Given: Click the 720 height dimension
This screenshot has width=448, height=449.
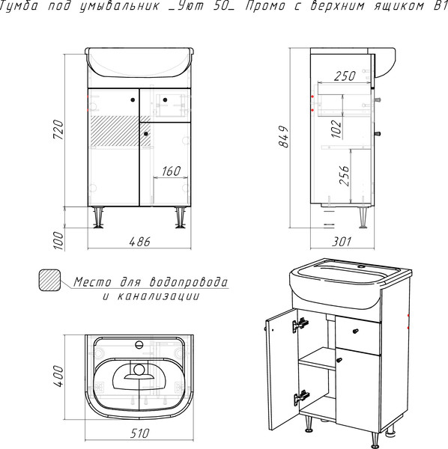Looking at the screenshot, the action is pos(58,129).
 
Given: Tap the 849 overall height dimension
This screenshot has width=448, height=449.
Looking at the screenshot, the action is pos(284,136).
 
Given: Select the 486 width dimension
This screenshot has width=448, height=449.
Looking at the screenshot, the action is pos(139,242).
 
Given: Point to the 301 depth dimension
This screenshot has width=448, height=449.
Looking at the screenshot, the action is pos(342,242).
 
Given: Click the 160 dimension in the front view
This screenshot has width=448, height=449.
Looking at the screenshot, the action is pos(172,171).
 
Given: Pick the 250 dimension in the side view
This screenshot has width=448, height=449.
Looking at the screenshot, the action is pos(345,76).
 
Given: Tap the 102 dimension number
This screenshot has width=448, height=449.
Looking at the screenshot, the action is pos(337,128).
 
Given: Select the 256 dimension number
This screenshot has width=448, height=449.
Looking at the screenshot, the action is pos(344,175).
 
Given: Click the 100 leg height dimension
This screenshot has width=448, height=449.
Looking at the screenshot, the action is pos(58,240).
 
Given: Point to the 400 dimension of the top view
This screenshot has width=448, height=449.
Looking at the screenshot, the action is pos(58,376).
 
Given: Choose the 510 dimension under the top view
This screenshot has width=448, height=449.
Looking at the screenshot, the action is pos(140,433).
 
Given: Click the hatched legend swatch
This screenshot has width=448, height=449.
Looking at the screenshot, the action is pos(49,280).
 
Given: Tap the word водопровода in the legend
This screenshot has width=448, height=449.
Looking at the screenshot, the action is pos(189,282).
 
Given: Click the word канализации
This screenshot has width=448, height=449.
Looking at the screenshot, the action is pos(158,296).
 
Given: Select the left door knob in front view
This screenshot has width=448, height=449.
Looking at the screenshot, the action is pos(133,100).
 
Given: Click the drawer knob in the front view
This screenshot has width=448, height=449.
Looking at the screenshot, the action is pos(165,100).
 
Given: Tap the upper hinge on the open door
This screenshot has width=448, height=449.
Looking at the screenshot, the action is pos(300,325).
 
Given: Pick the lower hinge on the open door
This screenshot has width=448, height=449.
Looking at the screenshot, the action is pos(301,397).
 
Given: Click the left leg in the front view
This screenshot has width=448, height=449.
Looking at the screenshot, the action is pos(98,218).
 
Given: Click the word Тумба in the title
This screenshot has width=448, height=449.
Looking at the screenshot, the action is pos(18,6).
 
